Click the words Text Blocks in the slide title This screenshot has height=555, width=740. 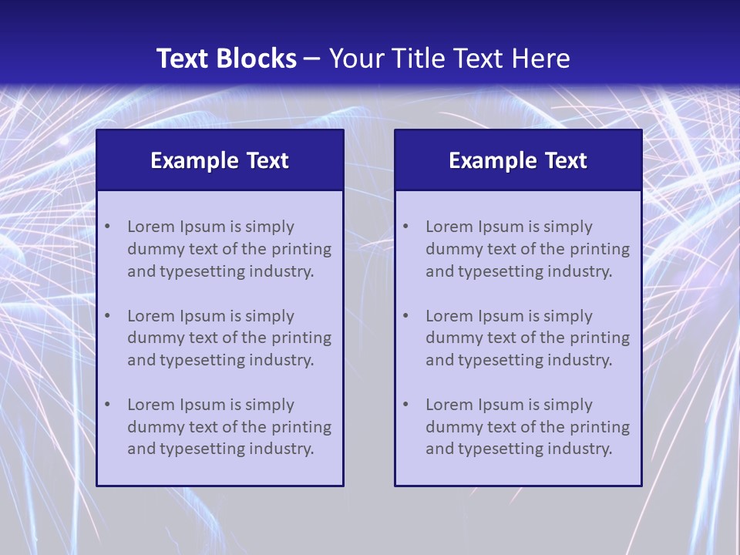[x=226, y=59]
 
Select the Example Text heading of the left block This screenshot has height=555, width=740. [x=220, y=160]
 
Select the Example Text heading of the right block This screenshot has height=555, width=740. [x=518, y=160]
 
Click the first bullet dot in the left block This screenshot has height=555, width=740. [x=107, y=227]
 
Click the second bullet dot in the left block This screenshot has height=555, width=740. [x=107, y=316]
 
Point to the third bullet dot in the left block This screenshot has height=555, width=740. [x=107, y=405]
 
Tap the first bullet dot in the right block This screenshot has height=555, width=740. [x=405, y=227]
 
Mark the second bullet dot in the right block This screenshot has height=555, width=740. [x=405, y=316]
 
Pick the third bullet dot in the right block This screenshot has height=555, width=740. [x=405, y=405]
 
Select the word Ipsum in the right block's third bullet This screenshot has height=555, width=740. [x=501, y=405]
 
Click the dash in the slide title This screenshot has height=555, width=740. [x=312, y=59]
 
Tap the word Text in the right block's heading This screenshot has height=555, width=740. [x=567, y=160]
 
